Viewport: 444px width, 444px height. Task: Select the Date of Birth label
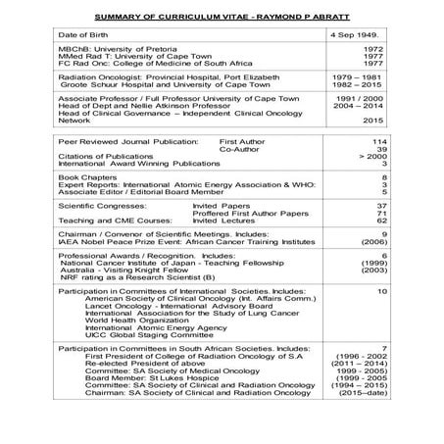click(85, 36)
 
